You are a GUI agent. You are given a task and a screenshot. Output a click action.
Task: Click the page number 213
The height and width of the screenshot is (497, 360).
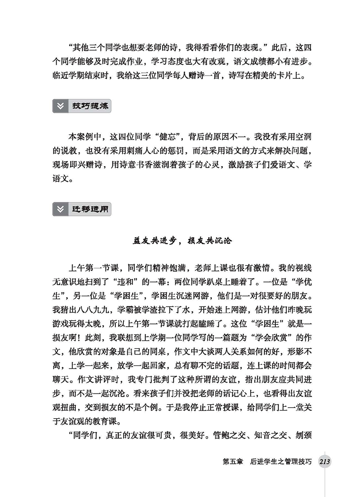[324, 462]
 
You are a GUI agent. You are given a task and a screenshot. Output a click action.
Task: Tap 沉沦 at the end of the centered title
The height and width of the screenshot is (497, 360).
[223, 241]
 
